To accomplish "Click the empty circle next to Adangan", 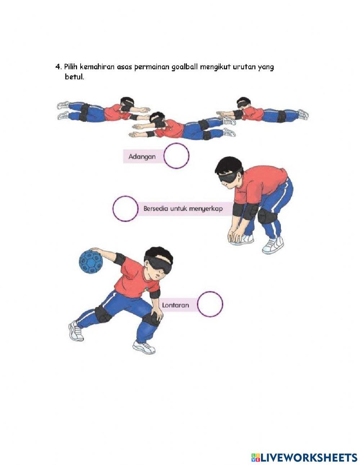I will point(176,156).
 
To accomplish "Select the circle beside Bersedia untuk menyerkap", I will point(125,209).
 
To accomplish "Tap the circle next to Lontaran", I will point(210,304).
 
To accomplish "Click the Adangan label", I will point(142,157).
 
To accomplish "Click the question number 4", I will point(58,67).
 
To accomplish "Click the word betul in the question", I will point(74,77).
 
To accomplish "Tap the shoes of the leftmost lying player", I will point(63,110).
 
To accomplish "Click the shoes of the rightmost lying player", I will point(303,114).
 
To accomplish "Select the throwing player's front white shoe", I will point(144,347).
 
